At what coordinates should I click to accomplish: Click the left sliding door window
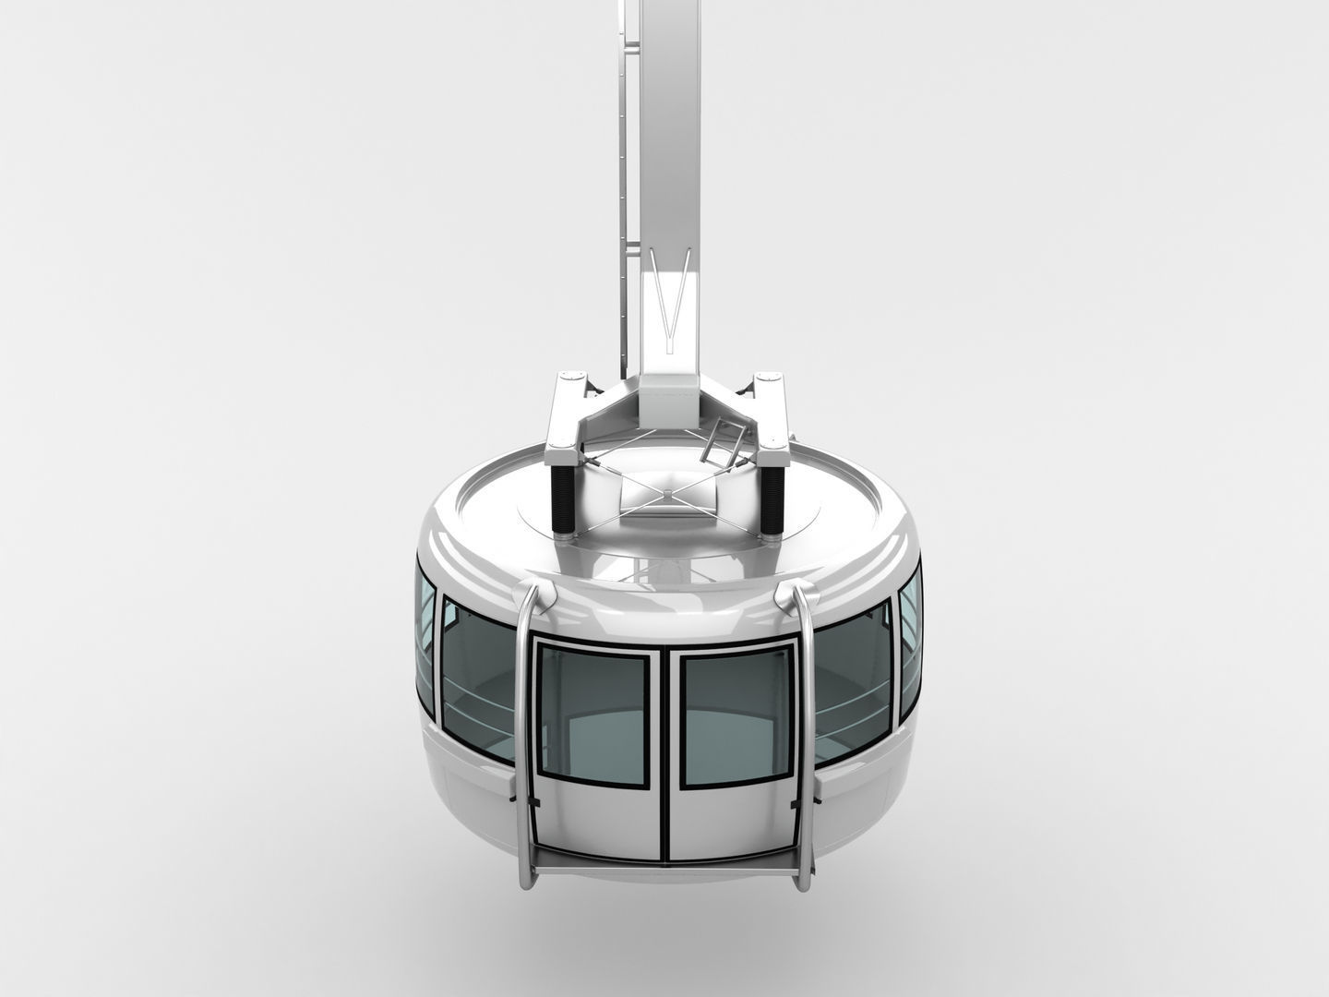(x=592, y=709)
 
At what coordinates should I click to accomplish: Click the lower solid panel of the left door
(x=600, y=822)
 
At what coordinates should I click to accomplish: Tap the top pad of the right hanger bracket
(x=768, y=379)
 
